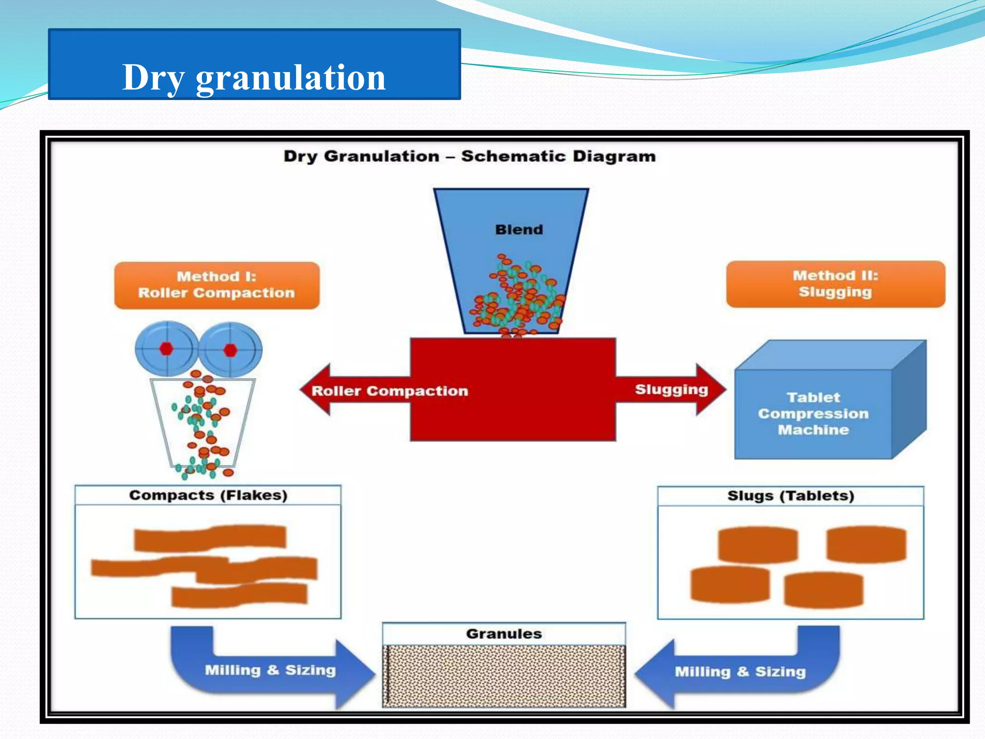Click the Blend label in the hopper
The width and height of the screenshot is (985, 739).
tap(518, 229)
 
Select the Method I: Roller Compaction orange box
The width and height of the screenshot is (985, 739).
tap(216, 285)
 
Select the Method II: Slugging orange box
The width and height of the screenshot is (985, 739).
tap(835, 284)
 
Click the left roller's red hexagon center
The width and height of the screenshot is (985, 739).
tap(166, 349)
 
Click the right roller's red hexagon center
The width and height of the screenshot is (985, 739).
tap(230, 350)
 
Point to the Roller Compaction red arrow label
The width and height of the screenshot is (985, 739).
tap(390, 391)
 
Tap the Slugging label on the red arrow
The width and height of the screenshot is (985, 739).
tap(671, 389)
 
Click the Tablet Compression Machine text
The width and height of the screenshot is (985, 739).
tap(813, 413)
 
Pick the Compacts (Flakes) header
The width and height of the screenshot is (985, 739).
tap(208, 495)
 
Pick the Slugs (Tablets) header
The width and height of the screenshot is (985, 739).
tap(790, 496)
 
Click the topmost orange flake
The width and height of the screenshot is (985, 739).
tap(210, 538)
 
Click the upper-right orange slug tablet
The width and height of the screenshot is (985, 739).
tap(866, 544)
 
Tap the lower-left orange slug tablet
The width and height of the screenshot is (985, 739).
tap(730, 584)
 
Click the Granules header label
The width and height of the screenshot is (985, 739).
tap(504, 634)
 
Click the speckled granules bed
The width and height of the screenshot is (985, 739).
tap(504, 676)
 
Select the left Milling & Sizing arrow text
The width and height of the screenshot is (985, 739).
tap(270, 670)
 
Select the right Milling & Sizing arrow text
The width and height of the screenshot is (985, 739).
tap(740, 671)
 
